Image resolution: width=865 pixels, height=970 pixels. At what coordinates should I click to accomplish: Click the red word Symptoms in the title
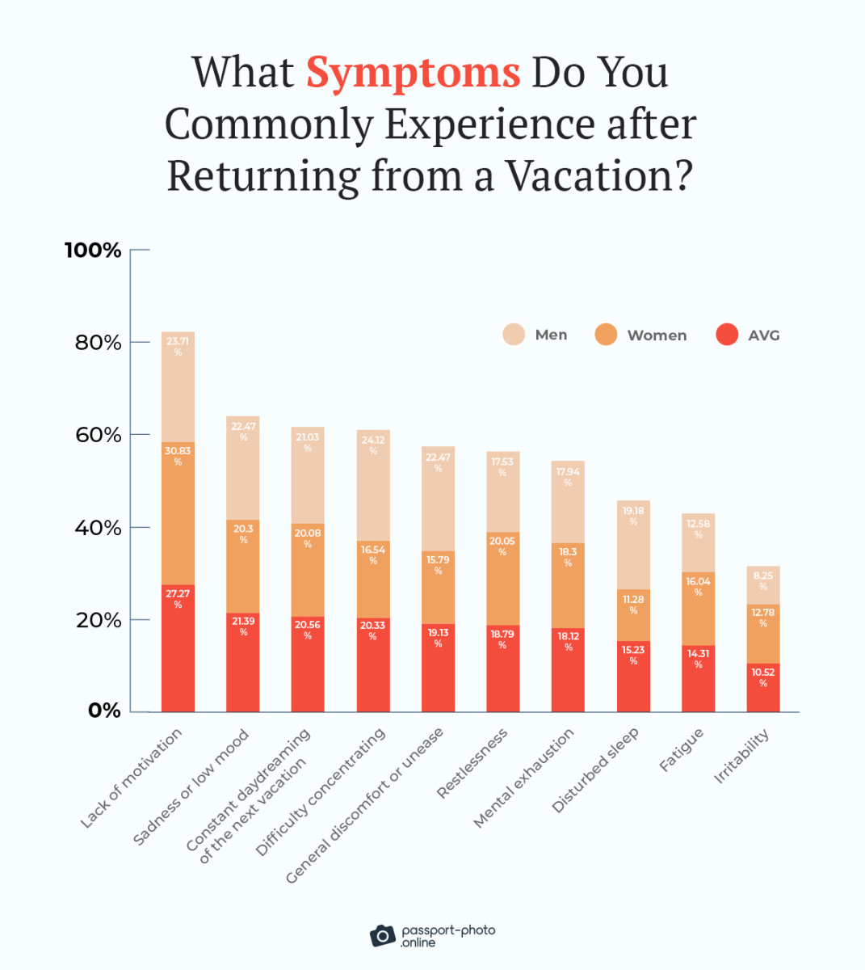[413, 73]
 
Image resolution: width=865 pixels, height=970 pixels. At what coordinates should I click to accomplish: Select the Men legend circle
[514, 335]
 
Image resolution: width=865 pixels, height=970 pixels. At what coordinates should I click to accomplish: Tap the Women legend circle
[606, 335]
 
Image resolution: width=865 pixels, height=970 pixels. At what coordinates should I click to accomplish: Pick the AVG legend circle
[727, 335]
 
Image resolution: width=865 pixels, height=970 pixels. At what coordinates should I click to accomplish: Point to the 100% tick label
[93, 251]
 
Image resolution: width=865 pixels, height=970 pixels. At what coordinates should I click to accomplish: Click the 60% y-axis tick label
[98, 435]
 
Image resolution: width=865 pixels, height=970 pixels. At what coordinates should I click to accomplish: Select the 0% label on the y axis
[104, 711]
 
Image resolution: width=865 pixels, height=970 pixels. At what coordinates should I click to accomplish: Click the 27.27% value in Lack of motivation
[178, 598]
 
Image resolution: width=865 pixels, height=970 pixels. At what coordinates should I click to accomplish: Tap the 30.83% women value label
[178, 455]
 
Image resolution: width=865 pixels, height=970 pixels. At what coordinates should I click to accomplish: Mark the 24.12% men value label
[373, 445]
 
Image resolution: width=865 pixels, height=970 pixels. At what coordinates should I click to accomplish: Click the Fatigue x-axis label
[682, 750]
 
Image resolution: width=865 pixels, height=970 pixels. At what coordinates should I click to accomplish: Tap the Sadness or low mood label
[191, 787]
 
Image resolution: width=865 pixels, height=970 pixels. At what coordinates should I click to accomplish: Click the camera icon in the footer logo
[383, 935]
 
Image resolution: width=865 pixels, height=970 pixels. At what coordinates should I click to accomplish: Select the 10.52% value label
[763, 677]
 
